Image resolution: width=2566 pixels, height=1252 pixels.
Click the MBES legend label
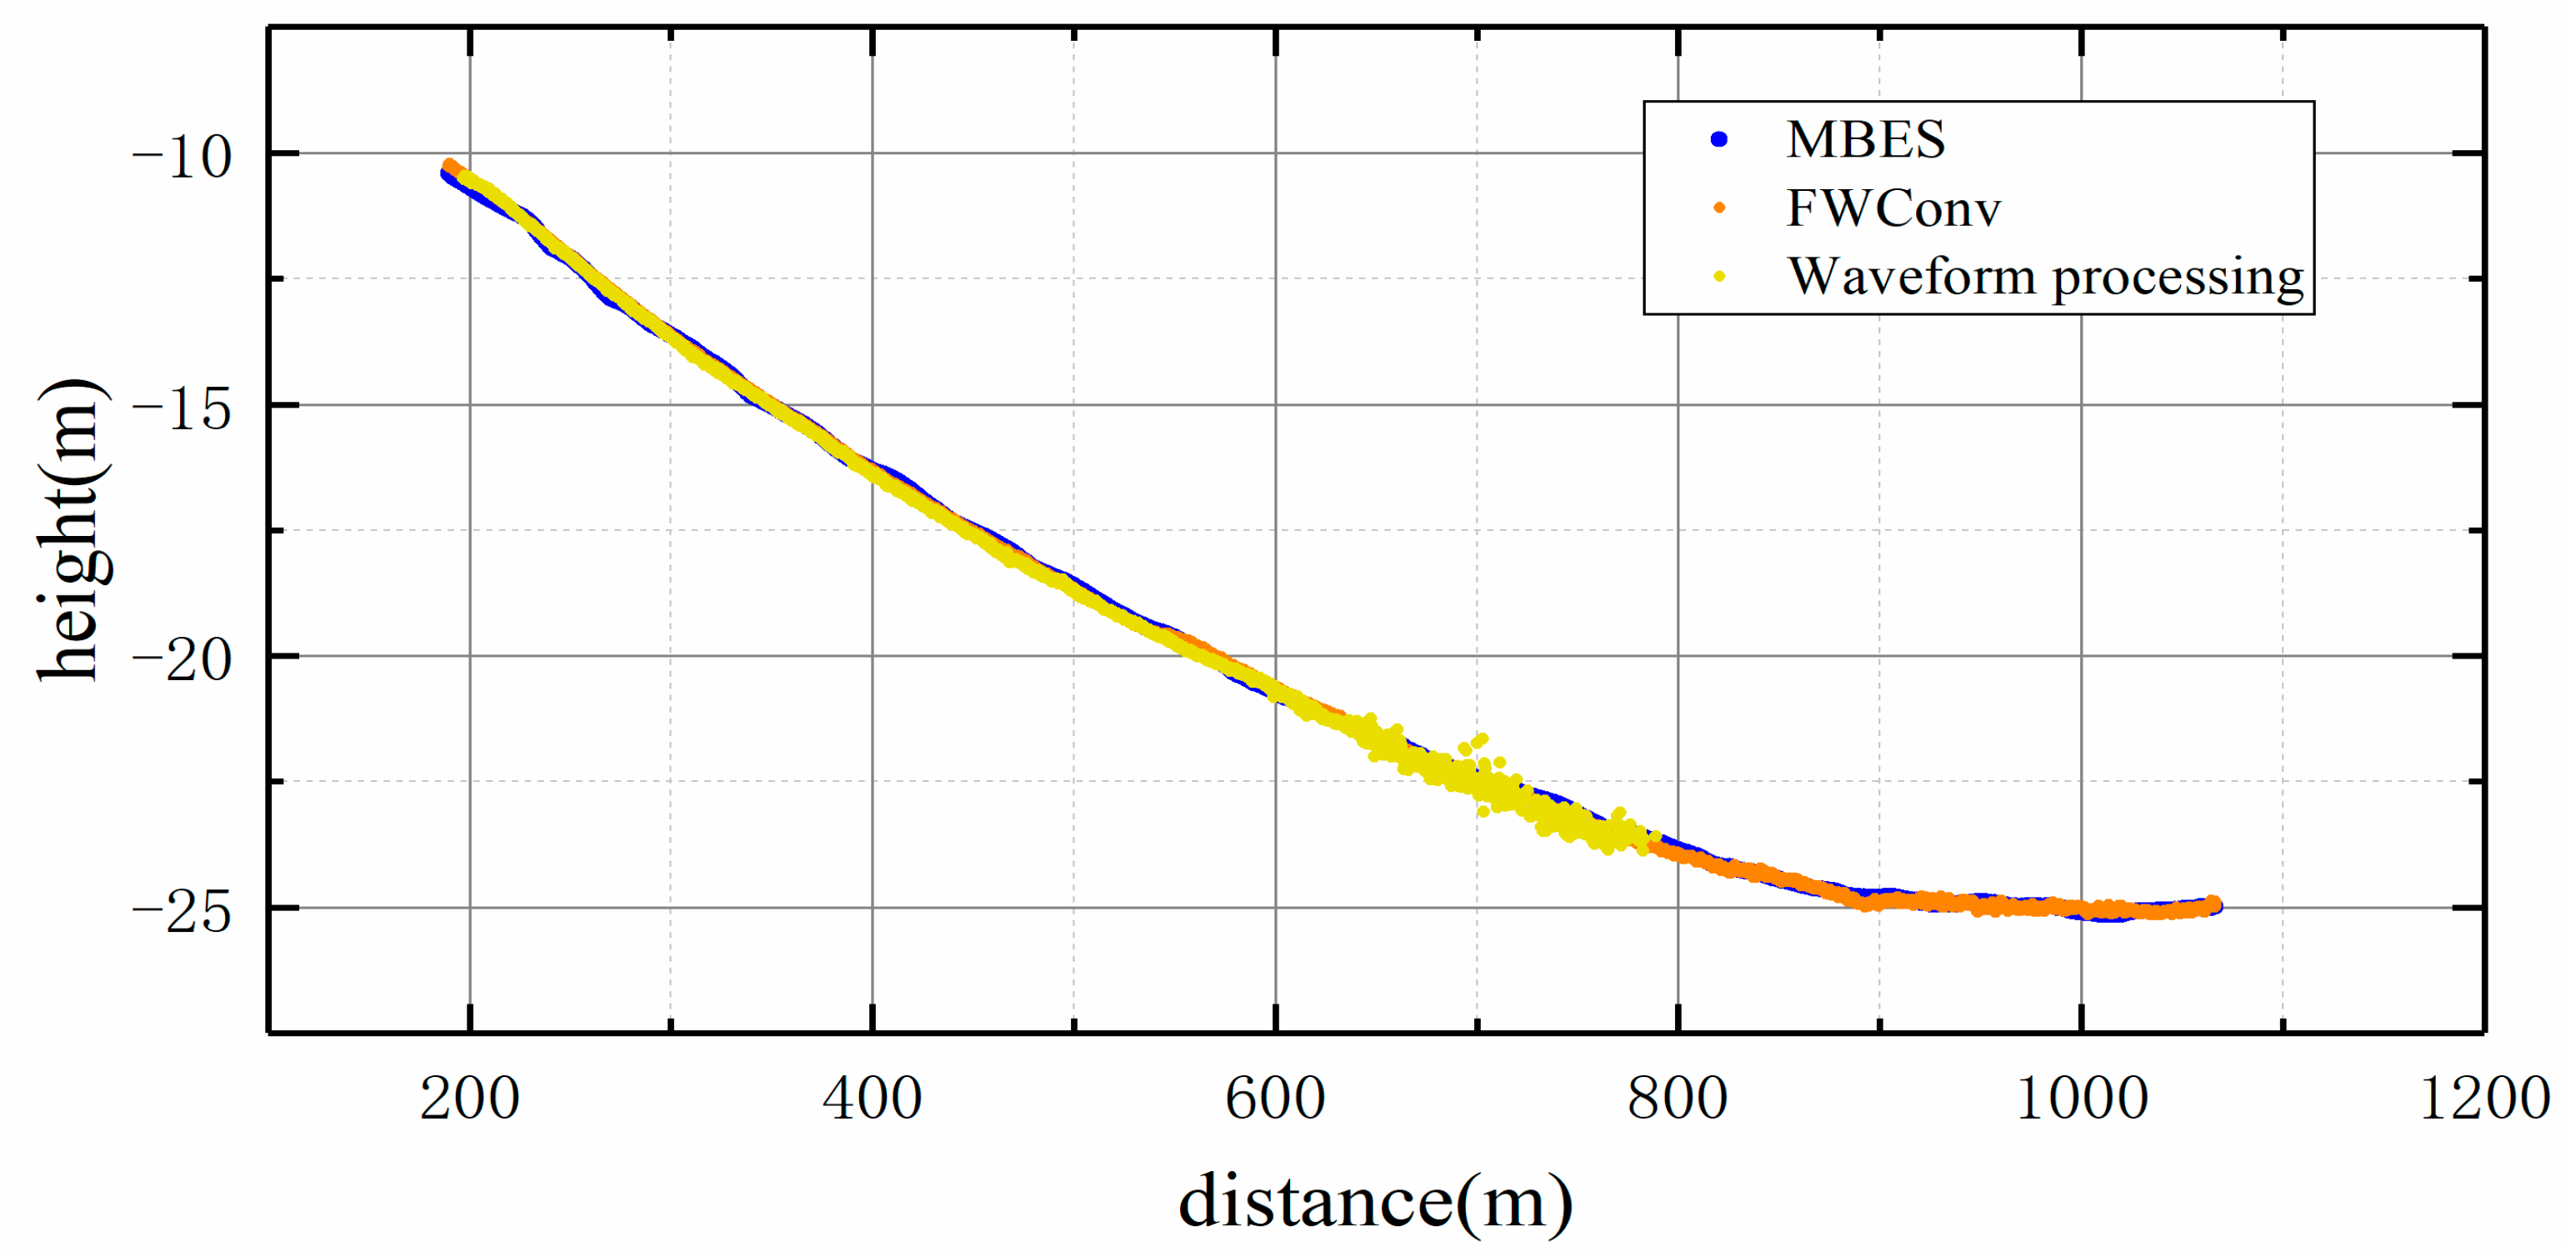pos(1865,139)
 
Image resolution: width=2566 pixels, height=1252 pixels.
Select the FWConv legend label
pos(1893,208)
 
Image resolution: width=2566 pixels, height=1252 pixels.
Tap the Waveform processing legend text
pos(2045,276)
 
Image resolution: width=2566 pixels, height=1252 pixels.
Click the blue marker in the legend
pos(1718,139)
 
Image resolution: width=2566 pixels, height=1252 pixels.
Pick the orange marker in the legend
pos(1719,208)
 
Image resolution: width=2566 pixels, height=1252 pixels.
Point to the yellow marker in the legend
pos(1719,276)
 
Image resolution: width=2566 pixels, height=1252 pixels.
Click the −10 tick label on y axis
pos(182,158)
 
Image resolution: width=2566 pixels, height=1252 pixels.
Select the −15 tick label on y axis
pos(182,408)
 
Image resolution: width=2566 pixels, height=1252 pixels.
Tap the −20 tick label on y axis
pos(182,659)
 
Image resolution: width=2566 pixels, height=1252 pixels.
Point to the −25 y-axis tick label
pos(182,911)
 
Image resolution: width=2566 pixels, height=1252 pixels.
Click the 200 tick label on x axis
pos(469,1099)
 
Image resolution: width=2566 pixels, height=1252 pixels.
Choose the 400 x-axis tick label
pos(872,1099)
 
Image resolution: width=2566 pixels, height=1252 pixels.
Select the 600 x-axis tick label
pos(1274,1099)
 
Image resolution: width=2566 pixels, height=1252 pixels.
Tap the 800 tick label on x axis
pos(1678,1099)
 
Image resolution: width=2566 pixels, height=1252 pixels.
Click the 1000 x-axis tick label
pos(2081,1099)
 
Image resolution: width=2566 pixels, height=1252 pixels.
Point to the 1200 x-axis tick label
pos(2484,1099)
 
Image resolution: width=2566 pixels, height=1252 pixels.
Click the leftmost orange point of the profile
pos(449,165)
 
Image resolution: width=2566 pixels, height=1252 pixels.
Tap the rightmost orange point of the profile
pos(2213,903)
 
